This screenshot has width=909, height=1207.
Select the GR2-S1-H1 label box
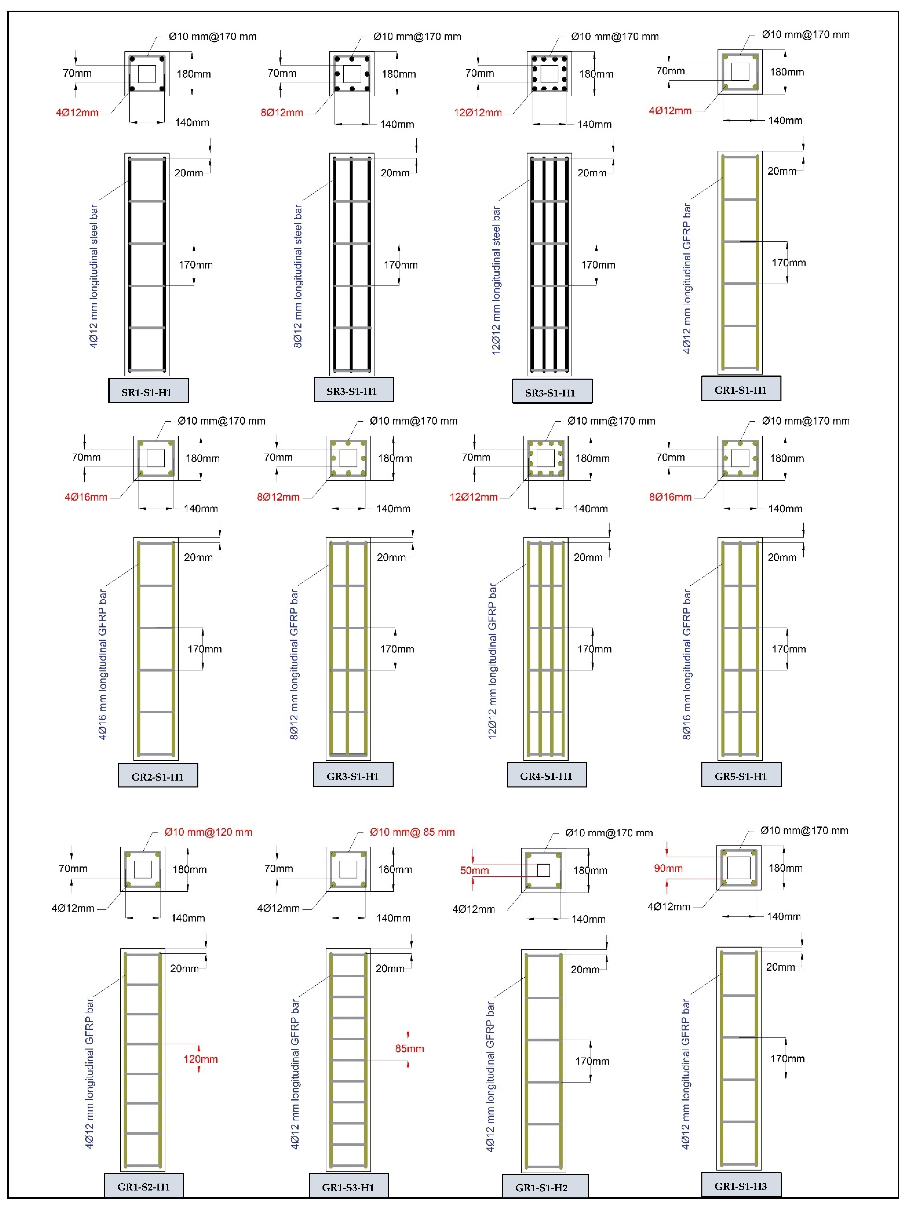158,776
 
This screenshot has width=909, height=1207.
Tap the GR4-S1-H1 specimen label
546,775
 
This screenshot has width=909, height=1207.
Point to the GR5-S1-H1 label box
740,775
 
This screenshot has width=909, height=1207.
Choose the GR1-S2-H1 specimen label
143,1186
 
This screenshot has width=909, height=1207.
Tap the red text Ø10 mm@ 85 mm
412,832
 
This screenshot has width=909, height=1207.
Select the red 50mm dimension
474,870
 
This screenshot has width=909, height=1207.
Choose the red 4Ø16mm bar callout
86,497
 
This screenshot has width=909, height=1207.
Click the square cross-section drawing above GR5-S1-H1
740,458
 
